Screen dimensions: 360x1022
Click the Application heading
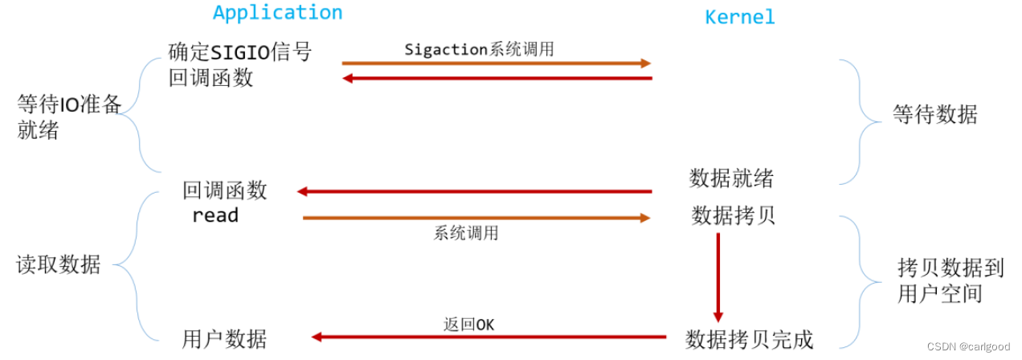tap(277, 13)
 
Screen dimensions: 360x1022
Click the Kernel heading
tap(739, 17)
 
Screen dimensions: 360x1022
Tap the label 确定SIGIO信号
tap(239, 52)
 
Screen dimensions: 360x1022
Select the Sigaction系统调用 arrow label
tap(479, 49)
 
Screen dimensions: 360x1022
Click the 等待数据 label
tap(934, 115)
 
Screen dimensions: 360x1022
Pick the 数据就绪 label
tap(731, 178)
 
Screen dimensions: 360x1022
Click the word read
tap(215, 215)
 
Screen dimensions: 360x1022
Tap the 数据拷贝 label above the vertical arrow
tap(733, 215)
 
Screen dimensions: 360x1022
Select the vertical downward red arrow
tap(717, 277)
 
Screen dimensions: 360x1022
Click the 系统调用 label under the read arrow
tap(466, 233)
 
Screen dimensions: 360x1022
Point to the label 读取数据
tap(59, 265)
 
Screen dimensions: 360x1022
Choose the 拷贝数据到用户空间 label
tap(950, 280)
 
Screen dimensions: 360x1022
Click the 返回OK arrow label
tap(468, 325)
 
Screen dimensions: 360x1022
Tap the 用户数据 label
tap(224, 339)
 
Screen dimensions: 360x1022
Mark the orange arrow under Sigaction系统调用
tap(496, 63)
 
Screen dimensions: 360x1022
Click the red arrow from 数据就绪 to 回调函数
tap(474, 191)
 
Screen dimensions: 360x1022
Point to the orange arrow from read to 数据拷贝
tap(476, 218)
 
